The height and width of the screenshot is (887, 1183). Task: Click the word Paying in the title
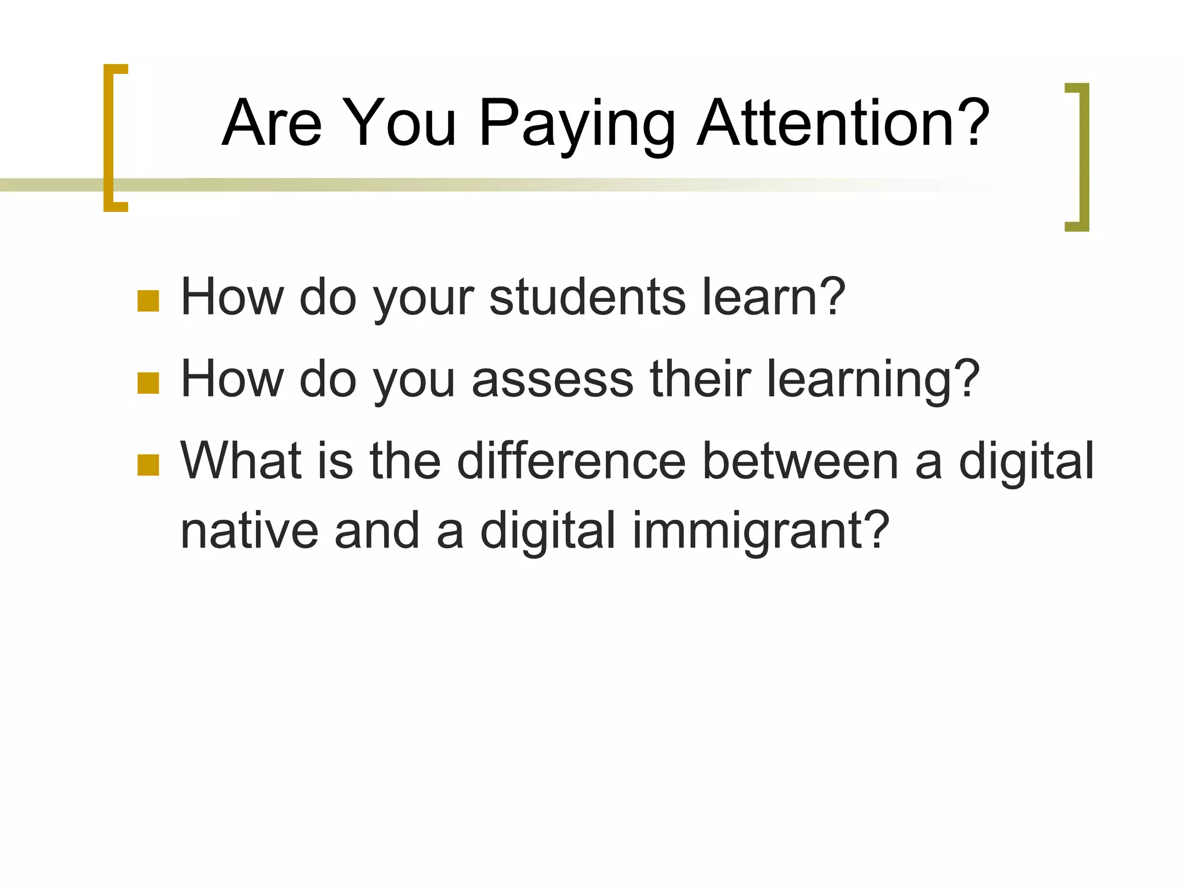coord(576,124)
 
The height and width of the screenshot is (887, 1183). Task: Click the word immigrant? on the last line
coord(761,531)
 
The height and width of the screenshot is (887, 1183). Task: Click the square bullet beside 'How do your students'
coord(148,301)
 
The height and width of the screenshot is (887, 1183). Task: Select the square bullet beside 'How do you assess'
coord(148,383)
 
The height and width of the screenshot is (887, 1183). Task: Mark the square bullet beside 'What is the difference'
coord(148,465)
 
